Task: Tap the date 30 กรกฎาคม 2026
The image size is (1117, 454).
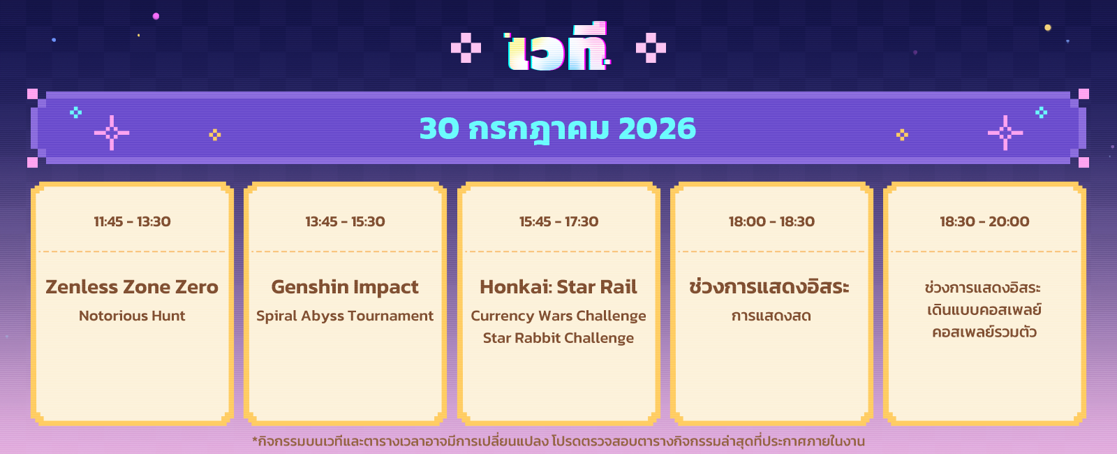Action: coord(558,129)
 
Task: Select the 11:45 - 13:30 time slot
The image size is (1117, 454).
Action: coord(132,221)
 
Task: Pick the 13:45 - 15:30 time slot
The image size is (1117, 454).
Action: coord(345,221)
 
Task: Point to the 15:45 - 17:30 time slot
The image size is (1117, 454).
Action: coord(558,221)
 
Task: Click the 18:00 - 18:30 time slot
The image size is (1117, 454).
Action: coord(771,221)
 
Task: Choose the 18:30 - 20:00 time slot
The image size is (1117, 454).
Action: coord(984,221)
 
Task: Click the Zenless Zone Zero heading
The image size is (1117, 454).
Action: coord(132,287)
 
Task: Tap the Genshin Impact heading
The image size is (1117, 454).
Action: coord(345,287)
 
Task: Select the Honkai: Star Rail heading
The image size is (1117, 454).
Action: coord(558,287)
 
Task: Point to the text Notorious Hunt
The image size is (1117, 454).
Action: coord(132,316)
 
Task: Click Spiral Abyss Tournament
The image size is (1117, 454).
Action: coord(345,316)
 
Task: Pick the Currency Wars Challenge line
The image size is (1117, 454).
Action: coord(558,316)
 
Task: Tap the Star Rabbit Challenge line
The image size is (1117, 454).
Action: coord(558,338)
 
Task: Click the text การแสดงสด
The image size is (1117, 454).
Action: coord(771,316)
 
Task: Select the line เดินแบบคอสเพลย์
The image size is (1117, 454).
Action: coord(984,310)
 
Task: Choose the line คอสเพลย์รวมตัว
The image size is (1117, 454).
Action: coord(984,332)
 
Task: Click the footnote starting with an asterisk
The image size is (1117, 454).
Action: coord(558,441)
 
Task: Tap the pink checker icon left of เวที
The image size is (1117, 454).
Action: coord(466,48)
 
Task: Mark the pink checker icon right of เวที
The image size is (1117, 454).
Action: coord(651,48)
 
